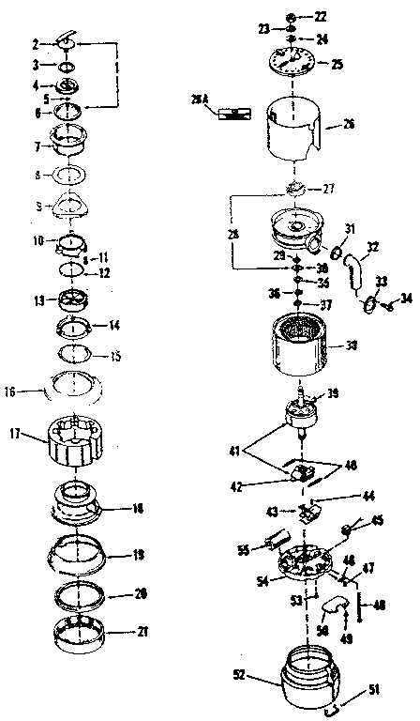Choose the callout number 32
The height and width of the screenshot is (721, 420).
372,247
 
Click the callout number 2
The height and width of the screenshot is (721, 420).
36,43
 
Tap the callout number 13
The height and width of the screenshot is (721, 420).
37,301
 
